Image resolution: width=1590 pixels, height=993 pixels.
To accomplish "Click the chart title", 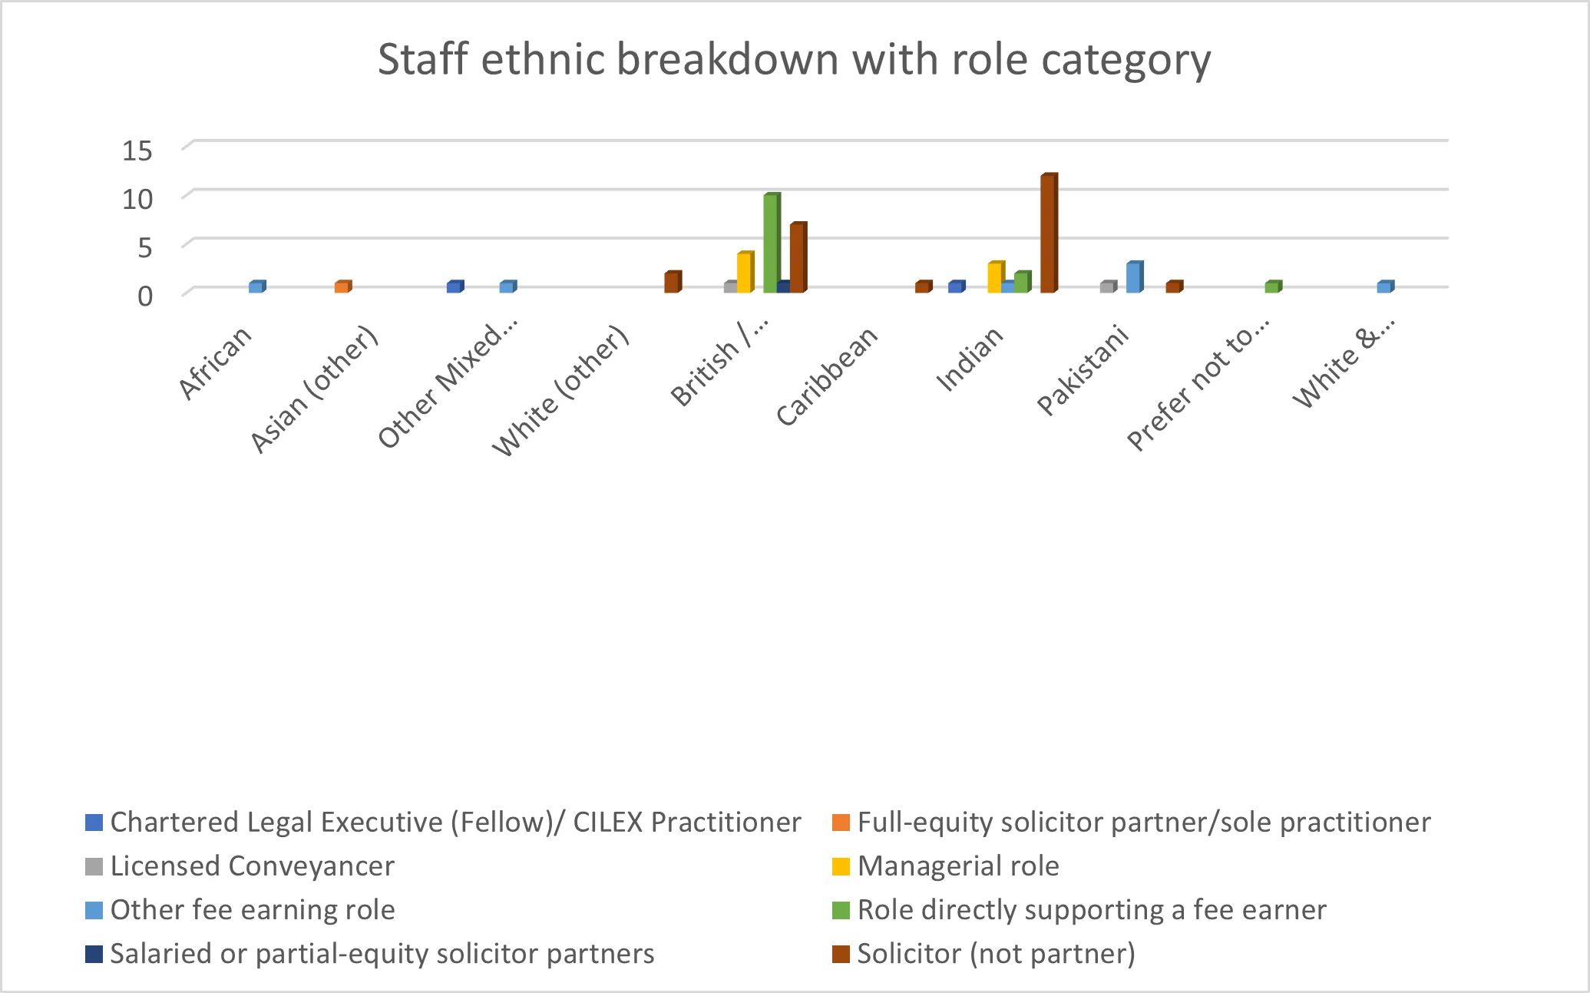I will [x=794, y=60].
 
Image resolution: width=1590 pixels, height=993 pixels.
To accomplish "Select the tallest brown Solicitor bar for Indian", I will [x=1048, y=233].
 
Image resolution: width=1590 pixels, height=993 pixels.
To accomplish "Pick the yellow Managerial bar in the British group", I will [x=744, y=273].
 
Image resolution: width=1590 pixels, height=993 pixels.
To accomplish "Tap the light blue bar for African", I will [x=256, y=287].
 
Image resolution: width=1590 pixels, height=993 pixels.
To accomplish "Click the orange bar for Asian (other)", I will [x=342, y=287].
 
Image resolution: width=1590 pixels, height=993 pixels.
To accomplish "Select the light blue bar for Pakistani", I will [x=1133, y=277].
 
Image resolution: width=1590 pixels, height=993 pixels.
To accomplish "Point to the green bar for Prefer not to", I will [x=1272, y=287].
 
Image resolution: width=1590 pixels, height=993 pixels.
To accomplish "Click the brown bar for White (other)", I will [x=671, y=283].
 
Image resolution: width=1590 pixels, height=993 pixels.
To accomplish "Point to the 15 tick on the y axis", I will [x=138, y=151].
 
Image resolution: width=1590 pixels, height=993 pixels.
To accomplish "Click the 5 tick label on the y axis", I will [x=144, y=247].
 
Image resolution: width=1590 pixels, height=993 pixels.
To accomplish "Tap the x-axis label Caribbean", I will [x=827, y=376].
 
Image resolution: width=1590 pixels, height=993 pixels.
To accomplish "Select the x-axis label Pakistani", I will [x=1083, y=370].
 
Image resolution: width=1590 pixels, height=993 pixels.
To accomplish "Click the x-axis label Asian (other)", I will [x=315, y=390].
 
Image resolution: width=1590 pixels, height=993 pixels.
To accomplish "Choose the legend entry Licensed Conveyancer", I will [x=252, y=866].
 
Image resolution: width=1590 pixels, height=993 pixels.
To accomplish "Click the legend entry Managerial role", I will [x=958, y=866].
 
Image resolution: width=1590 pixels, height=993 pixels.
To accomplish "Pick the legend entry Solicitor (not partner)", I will [x=996, y=954].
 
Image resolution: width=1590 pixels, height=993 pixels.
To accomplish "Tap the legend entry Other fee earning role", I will [x=253, y=910].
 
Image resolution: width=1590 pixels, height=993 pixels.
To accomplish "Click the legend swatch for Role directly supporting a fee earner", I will [x=841, y=911].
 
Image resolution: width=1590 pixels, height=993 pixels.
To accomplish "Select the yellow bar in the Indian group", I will [x=994, y=277].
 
